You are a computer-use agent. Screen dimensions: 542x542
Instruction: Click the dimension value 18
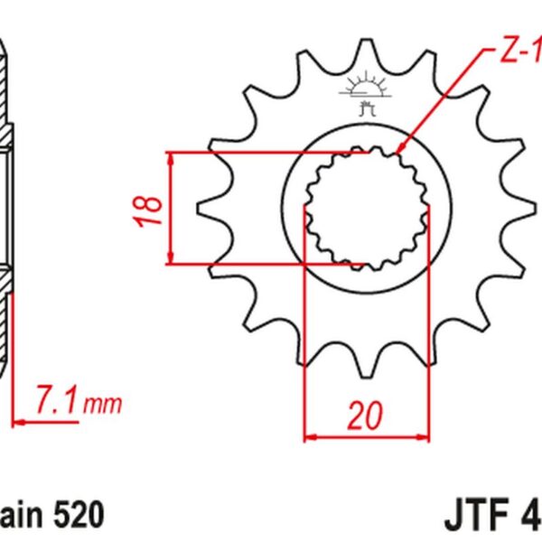coord(152,210)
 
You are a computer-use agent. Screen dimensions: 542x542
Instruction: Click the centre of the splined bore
coord(365,208)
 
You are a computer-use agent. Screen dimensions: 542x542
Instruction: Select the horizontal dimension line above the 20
coord(365,437)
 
